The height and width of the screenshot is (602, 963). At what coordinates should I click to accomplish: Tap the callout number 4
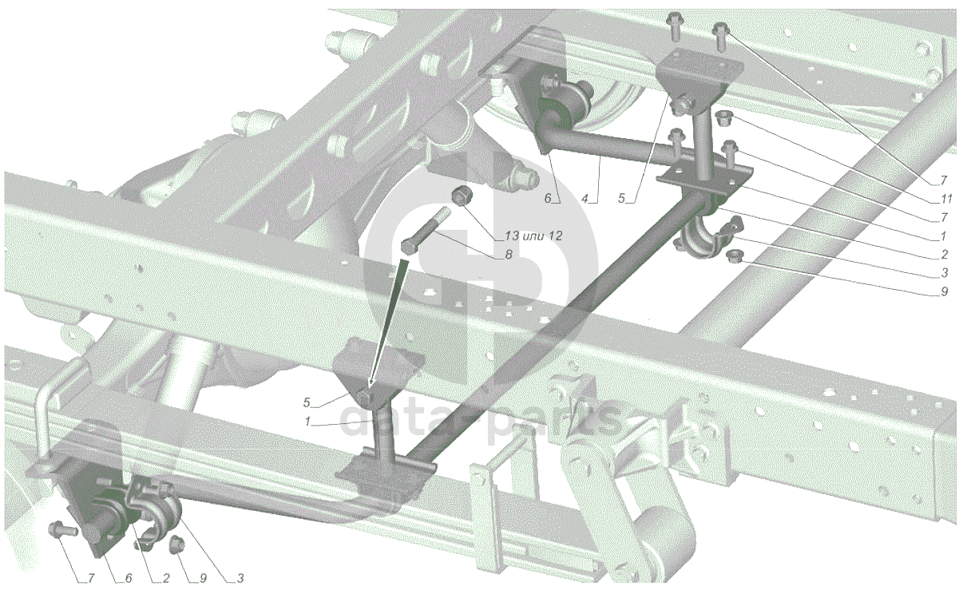pyautogui.click(x=585, y=199)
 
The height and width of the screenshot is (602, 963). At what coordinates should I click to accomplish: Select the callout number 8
pyautogui.click(x=508, y=255)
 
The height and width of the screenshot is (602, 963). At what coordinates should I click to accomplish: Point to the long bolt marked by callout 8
pyautogui.click(x=426, y=230)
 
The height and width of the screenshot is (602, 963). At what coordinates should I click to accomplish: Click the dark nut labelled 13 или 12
pyautogui.click(x=462, y=196)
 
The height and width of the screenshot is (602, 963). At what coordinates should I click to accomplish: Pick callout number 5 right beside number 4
pyautogui.click(x=622, y=199)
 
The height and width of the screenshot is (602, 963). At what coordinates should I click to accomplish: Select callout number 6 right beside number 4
pyautogui.click(x=548, y=199)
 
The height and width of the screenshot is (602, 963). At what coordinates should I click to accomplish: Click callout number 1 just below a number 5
pyautogui.click(x=307, y=422)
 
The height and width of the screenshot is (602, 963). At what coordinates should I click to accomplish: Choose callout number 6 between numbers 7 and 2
pyautogui.click(x=128, y=578)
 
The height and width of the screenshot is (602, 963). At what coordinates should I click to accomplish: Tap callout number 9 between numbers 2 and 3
pyautogui.click(x=203, y=578)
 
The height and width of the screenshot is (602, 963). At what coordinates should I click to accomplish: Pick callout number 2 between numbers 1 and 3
pyautogui.click(x=944, y=255)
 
